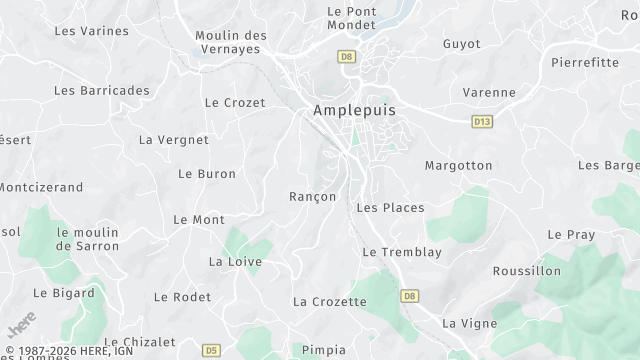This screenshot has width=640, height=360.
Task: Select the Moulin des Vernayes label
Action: click(231, 43)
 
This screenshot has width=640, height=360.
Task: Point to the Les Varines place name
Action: click(91, 31)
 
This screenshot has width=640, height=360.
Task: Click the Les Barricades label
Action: click(101, 91)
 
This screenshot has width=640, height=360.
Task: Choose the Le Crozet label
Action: click(235, 103)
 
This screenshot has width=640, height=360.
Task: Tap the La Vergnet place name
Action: click(174, 140)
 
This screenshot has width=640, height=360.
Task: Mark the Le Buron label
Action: click(207, 174)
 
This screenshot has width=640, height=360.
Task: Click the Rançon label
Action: click(312, 197)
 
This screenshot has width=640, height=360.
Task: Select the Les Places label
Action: click(390, 208)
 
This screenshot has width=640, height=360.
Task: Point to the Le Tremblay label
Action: click(402, 253)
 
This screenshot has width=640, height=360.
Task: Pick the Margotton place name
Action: click(458, 165)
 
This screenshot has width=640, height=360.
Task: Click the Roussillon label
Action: click(527, 271)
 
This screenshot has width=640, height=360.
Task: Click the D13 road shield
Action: click(482, 121)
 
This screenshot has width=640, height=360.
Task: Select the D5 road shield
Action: click(211, 350)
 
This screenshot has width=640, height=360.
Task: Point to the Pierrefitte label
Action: click(585, 62)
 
